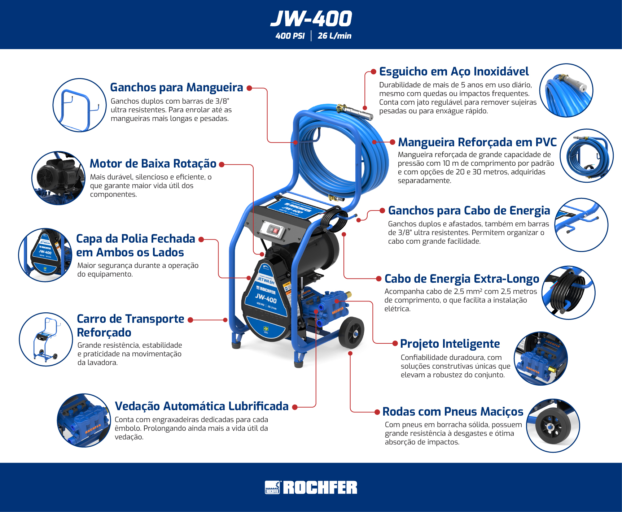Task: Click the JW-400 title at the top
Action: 311,19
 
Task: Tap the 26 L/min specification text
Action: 334,36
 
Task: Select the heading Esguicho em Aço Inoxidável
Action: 454,72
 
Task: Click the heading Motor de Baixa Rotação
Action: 153,164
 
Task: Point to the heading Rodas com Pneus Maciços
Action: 453,412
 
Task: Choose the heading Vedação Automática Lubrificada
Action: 202,406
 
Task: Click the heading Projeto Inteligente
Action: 450,344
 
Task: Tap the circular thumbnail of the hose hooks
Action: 79,105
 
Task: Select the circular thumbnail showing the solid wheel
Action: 553,426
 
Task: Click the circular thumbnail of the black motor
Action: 58,178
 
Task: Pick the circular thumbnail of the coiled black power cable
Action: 568,293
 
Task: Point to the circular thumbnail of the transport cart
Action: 46,339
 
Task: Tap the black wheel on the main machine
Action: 351,333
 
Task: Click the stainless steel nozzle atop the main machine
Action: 355,112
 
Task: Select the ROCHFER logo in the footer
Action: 311,487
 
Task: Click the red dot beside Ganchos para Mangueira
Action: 249,88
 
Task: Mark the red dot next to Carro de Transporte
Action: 190,320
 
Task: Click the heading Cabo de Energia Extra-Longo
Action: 462,279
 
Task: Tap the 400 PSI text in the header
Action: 290,36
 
